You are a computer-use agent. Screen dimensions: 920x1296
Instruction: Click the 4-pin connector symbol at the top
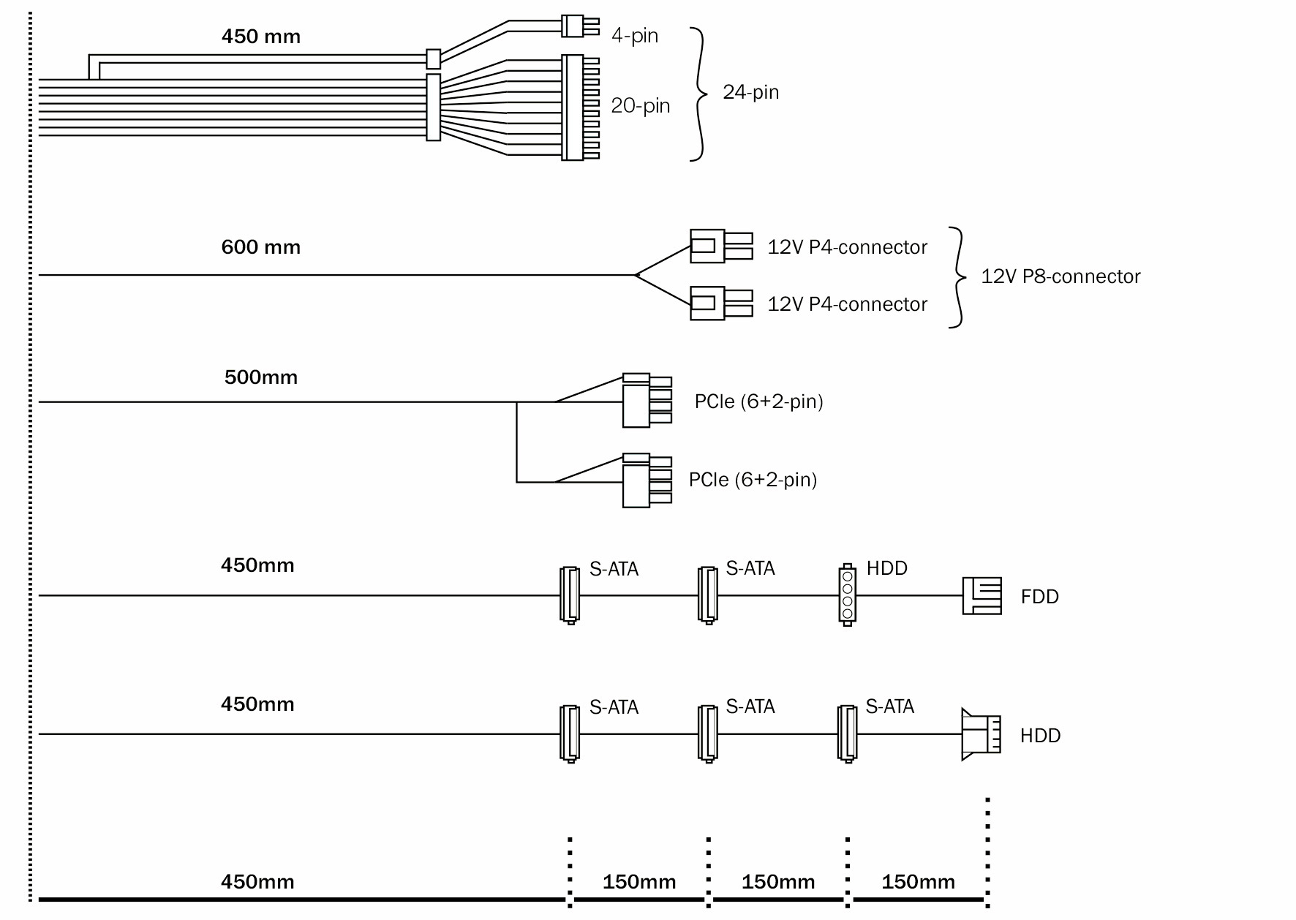click(579, 26)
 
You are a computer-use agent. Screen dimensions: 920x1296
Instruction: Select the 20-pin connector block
click(579, 108)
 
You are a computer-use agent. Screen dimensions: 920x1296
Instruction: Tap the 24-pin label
click(750, 92)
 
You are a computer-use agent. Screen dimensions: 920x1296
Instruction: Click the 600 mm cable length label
click(260, 247)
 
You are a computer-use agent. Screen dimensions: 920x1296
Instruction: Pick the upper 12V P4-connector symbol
click(720, 246)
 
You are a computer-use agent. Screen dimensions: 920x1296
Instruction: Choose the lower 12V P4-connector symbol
click(720, 303)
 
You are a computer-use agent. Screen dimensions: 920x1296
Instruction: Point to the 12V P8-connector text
click(1060, 276)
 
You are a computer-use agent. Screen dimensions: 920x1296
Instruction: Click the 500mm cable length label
click(260, 377)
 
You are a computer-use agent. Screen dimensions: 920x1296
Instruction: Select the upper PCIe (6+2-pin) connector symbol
click(647, 400)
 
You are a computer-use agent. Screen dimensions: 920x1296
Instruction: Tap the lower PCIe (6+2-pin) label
click(753, 480)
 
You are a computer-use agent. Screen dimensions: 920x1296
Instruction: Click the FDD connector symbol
click(981, 596)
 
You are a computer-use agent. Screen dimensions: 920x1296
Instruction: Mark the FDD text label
click(1039, 597)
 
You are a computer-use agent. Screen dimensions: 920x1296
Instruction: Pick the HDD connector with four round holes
click(847, 594)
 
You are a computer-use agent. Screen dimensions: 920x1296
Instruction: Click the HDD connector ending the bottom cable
click(980, 734)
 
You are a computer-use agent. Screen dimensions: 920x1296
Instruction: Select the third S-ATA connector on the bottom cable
click(847, 734)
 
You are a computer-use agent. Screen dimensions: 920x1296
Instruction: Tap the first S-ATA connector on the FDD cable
click(569, 595)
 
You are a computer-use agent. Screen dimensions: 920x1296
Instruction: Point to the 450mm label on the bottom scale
click(257, 881)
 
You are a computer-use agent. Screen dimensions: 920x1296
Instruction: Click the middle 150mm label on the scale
click(778, 882)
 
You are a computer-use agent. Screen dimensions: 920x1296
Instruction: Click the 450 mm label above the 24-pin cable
click(260, 37)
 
